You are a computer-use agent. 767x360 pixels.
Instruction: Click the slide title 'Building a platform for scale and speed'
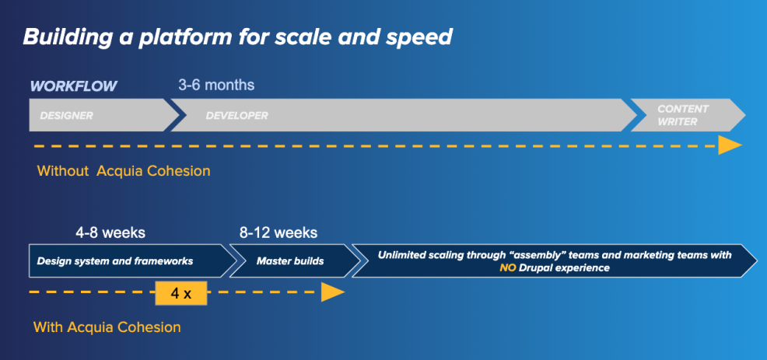(237, 37)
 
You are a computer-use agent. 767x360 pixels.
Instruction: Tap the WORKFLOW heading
(73, 86)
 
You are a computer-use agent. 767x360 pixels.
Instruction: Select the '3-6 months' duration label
(216, 85)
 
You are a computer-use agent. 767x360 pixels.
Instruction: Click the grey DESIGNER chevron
(103, 115)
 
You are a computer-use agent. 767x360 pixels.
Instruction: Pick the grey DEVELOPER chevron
(404, 115)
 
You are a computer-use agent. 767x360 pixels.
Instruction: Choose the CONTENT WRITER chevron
(688, 115)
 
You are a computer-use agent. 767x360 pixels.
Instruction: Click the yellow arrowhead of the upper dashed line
(730, 145)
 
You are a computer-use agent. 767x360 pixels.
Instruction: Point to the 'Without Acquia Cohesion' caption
(124, 171)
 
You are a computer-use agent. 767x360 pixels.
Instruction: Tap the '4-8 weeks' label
(110, 232)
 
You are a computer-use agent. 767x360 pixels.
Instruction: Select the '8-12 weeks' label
(278, 232)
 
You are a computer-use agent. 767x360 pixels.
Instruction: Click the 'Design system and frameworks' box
(132, 260)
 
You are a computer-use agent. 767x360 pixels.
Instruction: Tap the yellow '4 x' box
(181, 293)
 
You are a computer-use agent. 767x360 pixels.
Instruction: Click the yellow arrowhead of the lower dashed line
(333, 292)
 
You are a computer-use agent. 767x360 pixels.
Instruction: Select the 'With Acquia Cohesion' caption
(107, 327)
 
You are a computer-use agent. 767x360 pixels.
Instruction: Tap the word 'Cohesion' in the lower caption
(149, 327)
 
